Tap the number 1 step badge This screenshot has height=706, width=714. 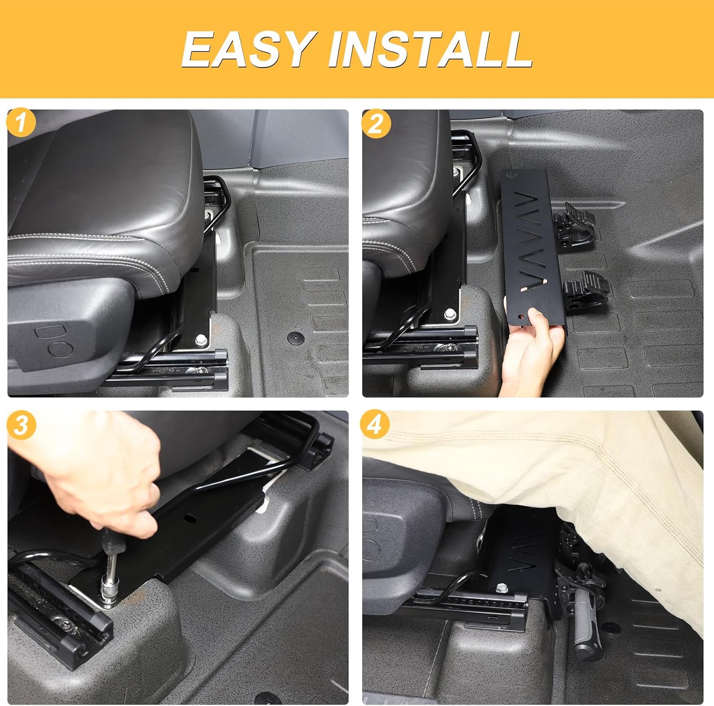20,124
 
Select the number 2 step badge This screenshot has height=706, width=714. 376,124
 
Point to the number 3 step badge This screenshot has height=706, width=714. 20,425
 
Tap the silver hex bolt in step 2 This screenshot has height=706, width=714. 449,314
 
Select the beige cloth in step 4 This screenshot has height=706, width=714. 571,476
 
